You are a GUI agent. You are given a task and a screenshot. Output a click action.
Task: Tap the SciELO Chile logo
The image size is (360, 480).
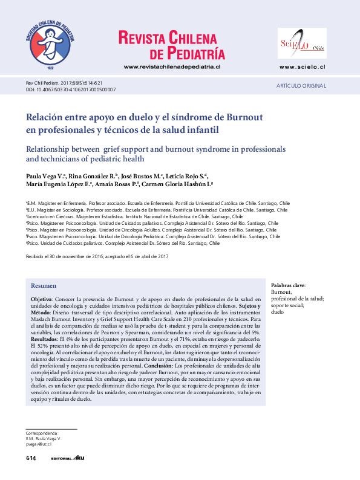pyautogui.click(x=302, y=44)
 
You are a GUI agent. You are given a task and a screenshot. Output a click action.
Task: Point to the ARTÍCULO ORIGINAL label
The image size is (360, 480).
pyautogui.click(x=301, y=86)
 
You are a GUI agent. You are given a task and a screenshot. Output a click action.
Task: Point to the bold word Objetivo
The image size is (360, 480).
pyautogui.click(x=42, y=299)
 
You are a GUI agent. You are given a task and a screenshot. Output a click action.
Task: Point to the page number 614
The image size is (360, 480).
pyautogui.click(x=31, y=459)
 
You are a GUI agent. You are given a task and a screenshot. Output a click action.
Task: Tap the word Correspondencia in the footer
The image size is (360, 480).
pyautogui.click(x=41, y=433)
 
